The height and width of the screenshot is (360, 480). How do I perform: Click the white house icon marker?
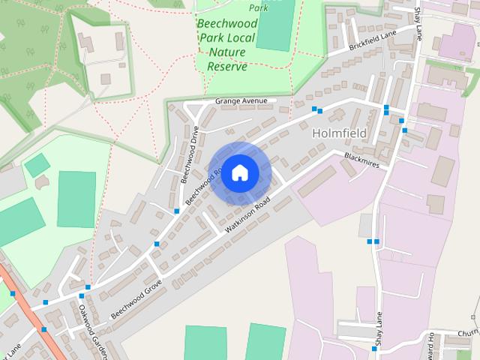pos(240,172)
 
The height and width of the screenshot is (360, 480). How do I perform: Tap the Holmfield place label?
pos(338,133)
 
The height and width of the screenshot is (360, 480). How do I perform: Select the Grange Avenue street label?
pos(240,100)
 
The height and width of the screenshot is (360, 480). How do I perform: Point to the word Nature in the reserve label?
pos(228,52)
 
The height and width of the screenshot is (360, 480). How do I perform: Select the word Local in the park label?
pos(241,37)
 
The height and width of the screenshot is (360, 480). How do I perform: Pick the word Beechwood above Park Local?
pos(227,23)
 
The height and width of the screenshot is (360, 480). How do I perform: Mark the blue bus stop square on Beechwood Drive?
pos(176,211)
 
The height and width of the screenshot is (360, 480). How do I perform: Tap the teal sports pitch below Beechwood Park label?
pos(274,26)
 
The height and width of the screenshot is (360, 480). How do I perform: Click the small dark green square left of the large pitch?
pos(36,165)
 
